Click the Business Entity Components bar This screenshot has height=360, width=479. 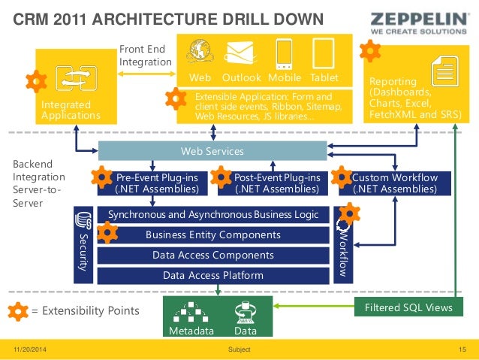pyautogui.click(x=213, y=235)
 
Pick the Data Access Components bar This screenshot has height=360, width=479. pyautogui.click(x=213, y=256)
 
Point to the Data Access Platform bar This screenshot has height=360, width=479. pyautogui.click(x=213, y=275)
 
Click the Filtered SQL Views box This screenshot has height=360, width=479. pyautogui.click(x=408, y=308)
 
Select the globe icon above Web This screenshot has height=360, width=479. pyautogui.click(x=200, y=53)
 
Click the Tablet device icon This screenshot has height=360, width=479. pyautogui.click(x=323, y=53)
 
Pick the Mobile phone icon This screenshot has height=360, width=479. pyautogui.click(x=285, y=53)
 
